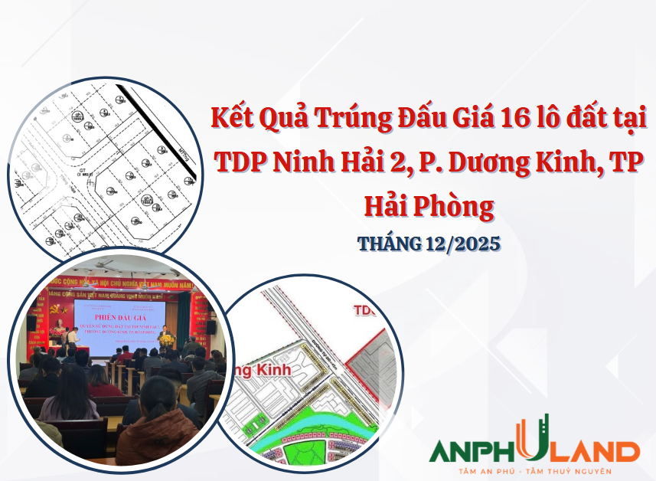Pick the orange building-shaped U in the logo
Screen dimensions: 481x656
534,440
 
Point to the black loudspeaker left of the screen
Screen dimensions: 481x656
32,322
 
